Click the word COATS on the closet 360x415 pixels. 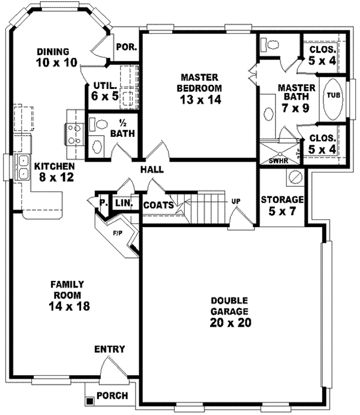pyautogui.click(x=158, y=205)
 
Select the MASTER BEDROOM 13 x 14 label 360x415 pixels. pyautogui.click(x=200, y=89)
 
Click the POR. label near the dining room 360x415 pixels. pyautogui.click(x=126, y=46)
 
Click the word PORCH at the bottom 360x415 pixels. pyautogui.click(x=115, y=397)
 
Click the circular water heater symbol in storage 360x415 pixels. pyautogui.click(x=295, y=178)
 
